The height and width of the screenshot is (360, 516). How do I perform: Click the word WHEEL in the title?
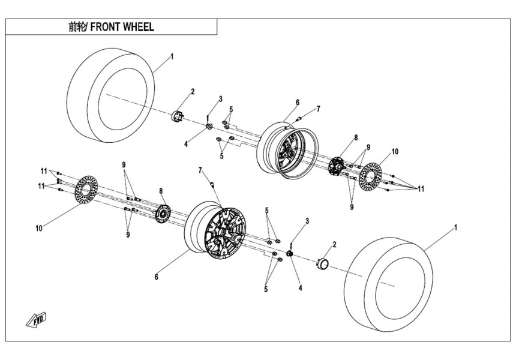click(x=139, y=27)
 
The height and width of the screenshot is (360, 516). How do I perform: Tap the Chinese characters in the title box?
click(x=78, y=27)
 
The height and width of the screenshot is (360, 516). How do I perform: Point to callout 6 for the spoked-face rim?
click(x=157, y=277)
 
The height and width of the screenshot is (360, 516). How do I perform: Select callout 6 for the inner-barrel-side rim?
click(x=297, y=103)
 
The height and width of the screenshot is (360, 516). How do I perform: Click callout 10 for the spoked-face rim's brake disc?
click(x=38, y=229)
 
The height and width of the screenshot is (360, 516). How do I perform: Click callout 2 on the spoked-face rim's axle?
click(x=334, y=244)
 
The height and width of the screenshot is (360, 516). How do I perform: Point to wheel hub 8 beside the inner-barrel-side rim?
click(x=337, y=165)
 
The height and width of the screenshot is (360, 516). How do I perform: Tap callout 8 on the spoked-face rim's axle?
click(x=161, y=190)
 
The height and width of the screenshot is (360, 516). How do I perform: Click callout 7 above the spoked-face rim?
click(x=200, y=170)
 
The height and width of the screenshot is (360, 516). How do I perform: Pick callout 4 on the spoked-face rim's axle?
click(x=300, y=288)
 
